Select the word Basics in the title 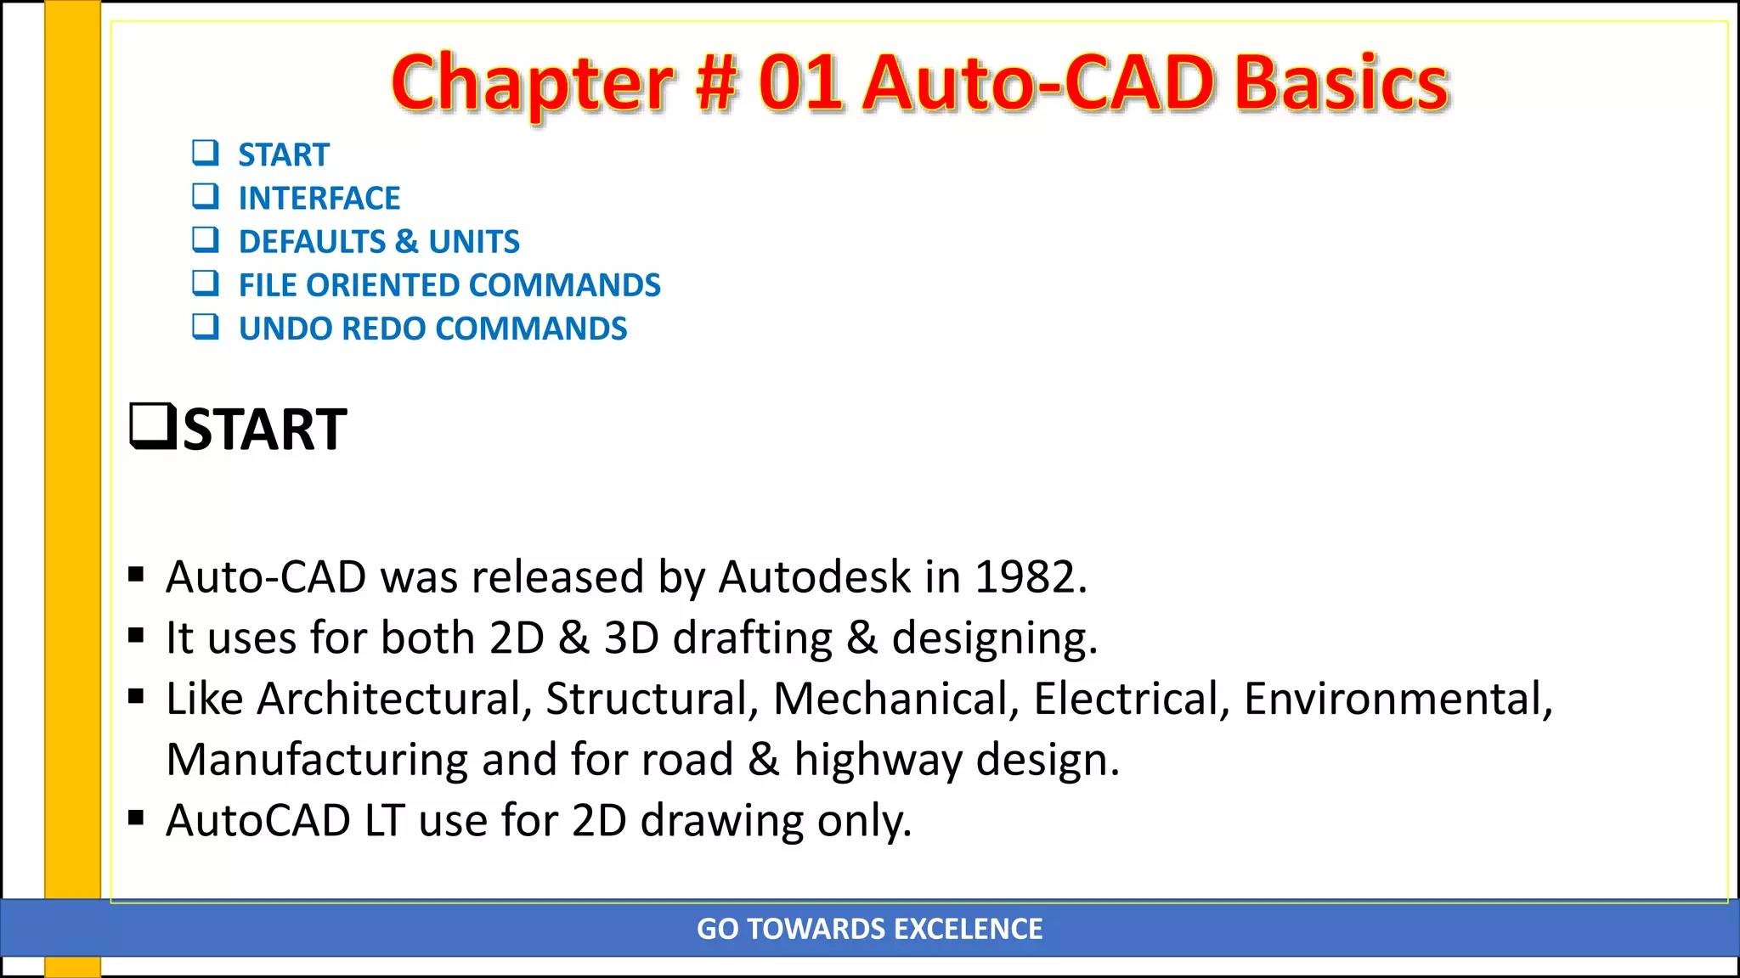[x=1342, y=84]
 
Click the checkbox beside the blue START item [x=206, y=153]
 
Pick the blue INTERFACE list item [x=319, y=199]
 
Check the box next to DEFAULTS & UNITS [x=206, y=240]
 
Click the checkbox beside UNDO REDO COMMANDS [x=206, y=327]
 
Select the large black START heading [x=264, y=430]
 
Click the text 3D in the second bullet [x=631, y=638]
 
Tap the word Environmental [x=1398, y=699]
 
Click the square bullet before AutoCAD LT [x=136, y=818]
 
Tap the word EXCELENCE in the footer [x=968, y=929]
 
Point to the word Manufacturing [x=317, y=760]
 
